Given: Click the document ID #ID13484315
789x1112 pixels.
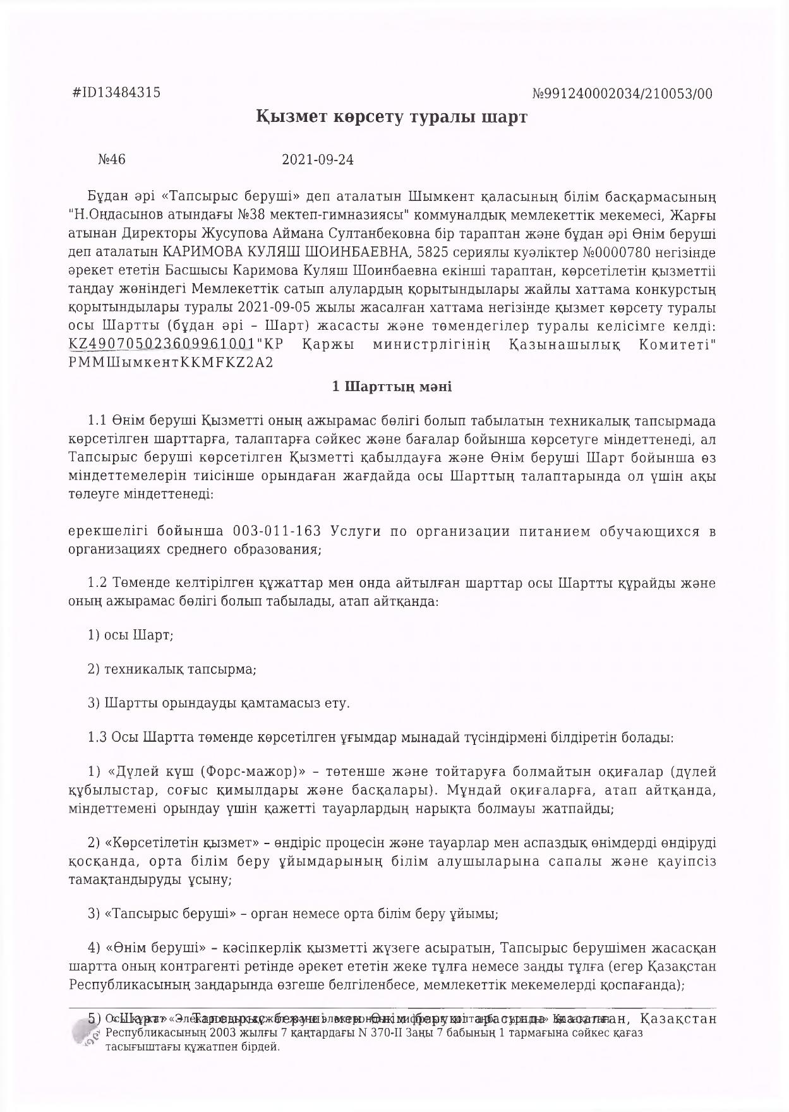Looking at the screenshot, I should (117, 93).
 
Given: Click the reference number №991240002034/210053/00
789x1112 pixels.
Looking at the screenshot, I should (622, 94).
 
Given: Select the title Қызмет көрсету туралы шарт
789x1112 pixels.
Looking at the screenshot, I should (392, 118).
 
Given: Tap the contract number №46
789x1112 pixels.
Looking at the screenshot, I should (112, 159).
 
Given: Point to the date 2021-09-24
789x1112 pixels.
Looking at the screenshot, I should (318, 159).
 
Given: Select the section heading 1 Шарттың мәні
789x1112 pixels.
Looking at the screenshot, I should (392, 387).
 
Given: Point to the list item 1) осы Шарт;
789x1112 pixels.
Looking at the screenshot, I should (131, 634).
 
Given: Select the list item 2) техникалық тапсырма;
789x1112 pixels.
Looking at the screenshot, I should (172, 668).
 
